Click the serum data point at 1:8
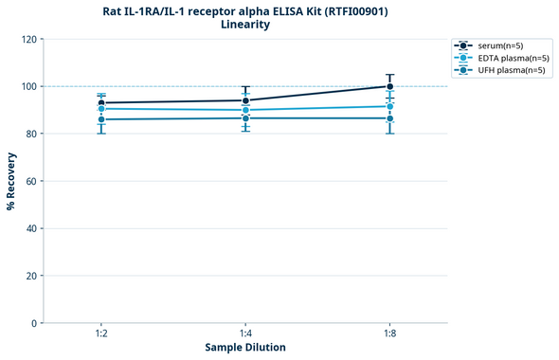click(389, 86)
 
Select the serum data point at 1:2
click(101, 102)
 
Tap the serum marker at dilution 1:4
click(245, 100)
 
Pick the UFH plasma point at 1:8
click(389, 118)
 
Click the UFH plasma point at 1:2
click(101, 119)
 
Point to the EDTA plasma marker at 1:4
click(245, 110)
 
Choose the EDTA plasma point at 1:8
click(389, 106)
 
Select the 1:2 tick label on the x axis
click(101, 334)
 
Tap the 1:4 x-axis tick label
click(245, 334)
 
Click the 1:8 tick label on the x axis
click(389, 334)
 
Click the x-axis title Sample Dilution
click(245, 348)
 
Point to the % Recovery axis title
click(10, 181)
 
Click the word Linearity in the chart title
click(245, 25)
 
